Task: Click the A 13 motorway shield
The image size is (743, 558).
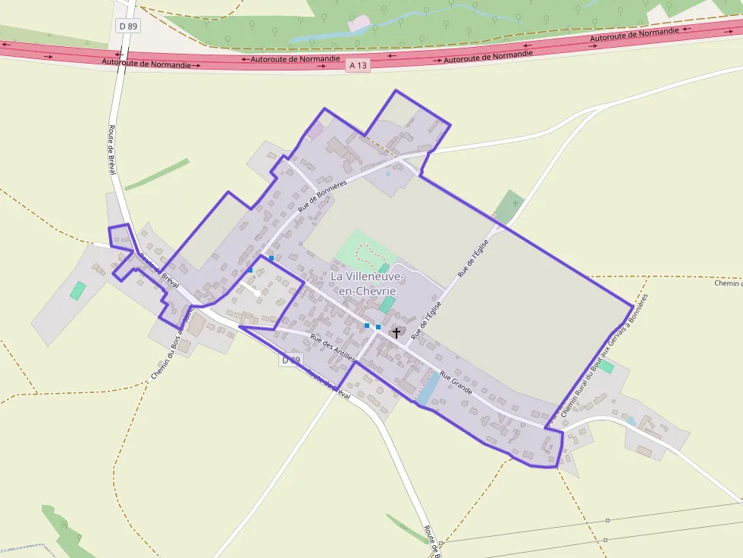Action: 358,66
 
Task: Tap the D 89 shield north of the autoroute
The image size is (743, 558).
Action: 127,26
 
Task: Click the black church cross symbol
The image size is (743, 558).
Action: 396,332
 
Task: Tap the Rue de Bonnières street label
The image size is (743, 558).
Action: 322,195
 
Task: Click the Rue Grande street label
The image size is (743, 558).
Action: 456,384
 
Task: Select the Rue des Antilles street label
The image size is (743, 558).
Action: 333,347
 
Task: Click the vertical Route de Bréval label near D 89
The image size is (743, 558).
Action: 112,150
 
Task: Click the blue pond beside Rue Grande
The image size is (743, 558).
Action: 427,388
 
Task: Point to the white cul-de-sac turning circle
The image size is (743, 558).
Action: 258,292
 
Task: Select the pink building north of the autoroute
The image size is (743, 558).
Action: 355,24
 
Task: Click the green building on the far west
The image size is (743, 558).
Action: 77,290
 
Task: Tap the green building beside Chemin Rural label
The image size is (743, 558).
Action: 605,367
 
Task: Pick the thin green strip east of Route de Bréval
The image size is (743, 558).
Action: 157,174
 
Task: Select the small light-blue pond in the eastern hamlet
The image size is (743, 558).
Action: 631,421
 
